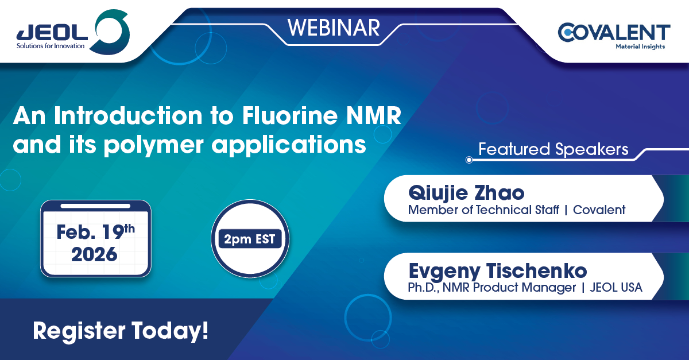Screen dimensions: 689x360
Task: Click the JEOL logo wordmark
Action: tap(52, 33)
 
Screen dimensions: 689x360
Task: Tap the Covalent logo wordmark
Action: tap(614, 32)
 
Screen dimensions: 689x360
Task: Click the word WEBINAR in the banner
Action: tap(334, 28)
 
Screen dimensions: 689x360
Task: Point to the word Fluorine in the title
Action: tap(290, 115)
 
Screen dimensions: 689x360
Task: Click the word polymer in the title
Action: tap(153, 145)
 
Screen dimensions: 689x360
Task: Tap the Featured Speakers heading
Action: tap(553, 149)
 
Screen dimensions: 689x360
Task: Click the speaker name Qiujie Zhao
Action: tap(466, 193)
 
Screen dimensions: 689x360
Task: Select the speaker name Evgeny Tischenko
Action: tap(498, 272)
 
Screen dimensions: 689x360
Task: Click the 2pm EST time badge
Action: tap(250, 239)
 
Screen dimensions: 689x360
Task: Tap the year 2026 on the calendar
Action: tap(94, 255)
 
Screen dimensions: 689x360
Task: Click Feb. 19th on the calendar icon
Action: tap(96, 232)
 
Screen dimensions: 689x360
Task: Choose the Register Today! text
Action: tap(121, 331)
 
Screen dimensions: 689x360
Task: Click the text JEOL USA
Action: tap(616, 288)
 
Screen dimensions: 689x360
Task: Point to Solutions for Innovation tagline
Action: tap(51, 46)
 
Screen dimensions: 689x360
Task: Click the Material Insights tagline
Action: tap(640, 47)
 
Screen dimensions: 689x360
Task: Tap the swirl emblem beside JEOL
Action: tap(112, 32)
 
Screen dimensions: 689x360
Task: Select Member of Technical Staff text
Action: tap(483, 210)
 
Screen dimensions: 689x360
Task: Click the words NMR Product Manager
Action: tap(509, 288)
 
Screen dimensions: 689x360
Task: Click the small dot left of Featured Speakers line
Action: tap(469, 160)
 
